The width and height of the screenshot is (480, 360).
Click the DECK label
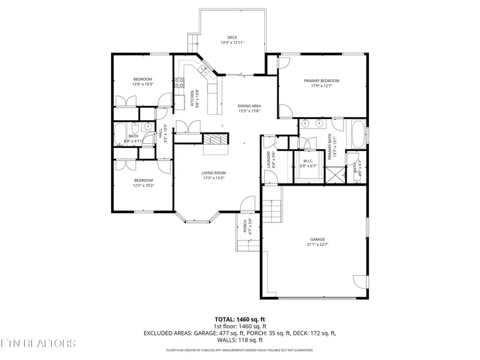pos(232,37)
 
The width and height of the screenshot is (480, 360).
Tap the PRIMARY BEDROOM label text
pos(322,81)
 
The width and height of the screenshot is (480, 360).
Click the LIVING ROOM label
pos(213,173)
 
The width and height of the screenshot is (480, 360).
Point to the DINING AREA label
pos(249,106)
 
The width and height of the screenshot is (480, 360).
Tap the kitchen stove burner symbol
pos(180,83)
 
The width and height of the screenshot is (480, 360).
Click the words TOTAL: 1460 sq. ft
pos(239,319)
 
